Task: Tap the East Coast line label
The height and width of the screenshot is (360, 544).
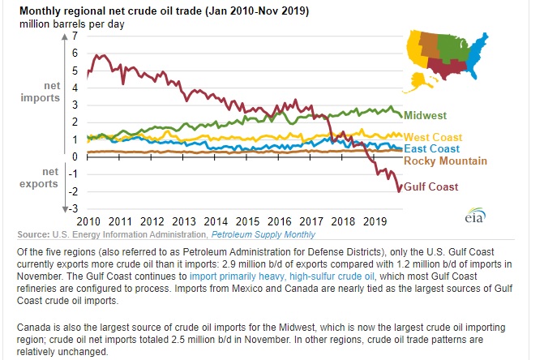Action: [x=430, y=148]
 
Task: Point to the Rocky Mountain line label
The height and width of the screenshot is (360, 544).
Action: [x=442, y=161]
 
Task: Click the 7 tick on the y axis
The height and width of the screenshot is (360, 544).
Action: [x=75, y=36]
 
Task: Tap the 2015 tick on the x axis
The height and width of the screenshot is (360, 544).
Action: [x=248, y=221]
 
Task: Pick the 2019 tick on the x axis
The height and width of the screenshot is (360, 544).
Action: [x=374, y=221]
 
